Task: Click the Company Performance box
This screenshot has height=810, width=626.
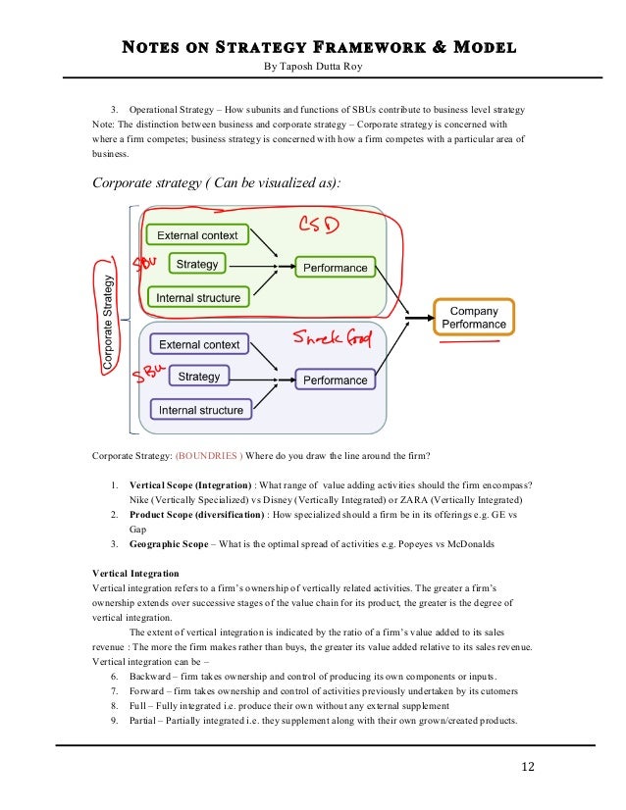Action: coord(474,317)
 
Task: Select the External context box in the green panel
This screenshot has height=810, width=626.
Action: coord(198,235)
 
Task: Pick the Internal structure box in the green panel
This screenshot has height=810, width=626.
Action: coord(198,296)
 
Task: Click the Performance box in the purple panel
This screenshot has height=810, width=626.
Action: coord(335,380)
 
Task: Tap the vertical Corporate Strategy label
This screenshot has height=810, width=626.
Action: coord(107,319)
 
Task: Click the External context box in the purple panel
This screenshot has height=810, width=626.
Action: coord(199,344)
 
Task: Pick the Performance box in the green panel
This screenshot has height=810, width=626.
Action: coord(335,268)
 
